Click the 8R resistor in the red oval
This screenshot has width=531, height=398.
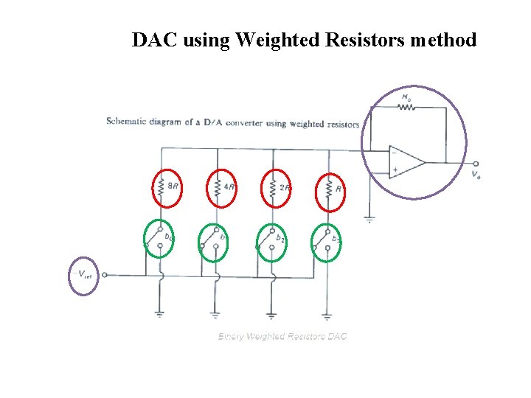[x=161, y=189]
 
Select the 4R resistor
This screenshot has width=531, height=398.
[x=217, y=189]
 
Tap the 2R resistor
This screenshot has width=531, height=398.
[x=273, y=189]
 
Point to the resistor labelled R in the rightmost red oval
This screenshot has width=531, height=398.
[x=328, y=189]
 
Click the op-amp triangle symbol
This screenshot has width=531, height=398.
[x=406, y=161]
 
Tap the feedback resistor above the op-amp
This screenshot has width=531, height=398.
[x=406, y=107]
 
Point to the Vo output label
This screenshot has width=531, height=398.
[x=478, y=175]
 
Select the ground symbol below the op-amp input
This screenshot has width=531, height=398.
[x=369, y=218]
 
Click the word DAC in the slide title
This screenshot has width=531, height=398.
[x=154, y=40]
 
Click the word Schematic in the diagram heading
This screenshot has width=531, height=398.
[x=130, y=122]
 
